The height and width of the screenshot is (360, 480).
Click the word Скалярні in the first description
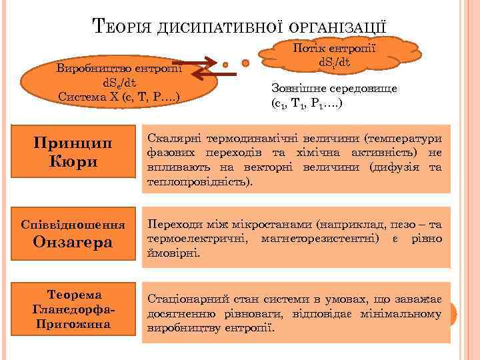click(175, 139)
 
